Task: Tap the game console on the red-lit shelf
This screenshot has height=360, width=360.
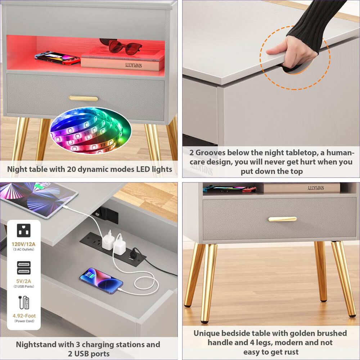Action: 57,58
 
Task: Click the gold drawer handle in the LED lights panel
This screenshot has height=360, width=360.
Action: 83,98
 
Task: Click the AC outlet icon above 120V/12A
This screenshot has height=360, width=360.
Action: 24,231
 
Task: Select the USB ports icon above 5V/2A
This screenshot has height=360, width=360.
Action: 24,267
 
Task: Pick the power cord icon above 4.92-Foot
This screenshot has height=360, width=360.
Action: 24,302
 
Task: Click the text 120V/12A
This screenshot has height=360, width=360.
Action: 24,244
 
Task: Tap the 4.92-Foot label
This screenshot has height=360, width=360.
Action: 24,316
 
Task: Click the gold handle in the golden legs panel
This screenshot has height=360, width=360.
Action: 282,219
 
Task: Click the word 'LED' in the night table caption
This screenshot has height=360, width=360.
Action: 132,169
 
